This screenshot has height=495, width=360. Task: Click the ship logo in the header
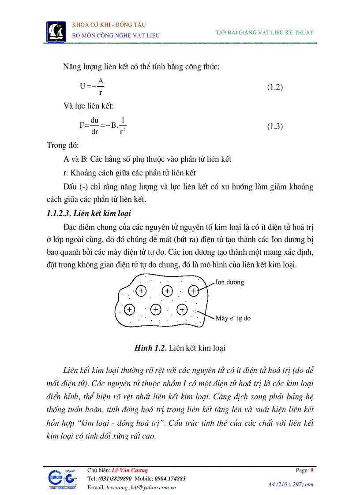tap(56, 31)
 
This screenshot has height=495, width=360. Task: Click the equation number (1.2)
tap(275, 87)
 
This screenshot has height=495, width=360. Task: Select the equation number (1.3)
tap(275, 127)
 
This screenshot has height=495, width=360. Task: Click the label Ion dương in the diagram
tap(229, 282)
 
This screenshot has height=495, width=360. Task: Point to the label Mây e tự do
tap(233, 317)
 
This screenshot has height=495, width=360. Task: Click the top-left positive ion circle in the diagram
tap(141, 291)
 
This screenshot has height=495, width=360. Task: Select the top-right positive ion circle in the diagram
tap(194, 291)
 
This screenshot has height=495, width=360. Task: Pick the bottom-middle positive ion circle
tap(155, 309)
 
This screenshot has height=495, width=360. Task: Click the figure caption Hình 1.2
tap(180, 348)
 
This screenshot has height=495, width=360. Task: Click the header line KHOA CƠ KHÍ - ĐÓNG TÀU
tap(109, 25)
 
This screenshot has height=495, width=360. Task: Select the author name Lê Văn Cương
tap(130, 470)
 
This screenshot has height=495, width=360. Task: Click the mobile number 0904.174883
tap(170, 479)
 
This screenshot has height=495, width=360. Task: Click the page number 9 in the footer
tap(312, 470)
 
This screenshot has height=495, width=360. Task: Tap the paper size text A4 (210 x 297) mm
tap(291, 484)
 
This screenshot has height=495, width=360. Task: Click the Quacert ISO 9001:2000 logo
tap(61, 480)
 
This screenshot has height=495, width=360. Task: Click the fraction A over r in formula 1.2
tap(101, 86)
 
